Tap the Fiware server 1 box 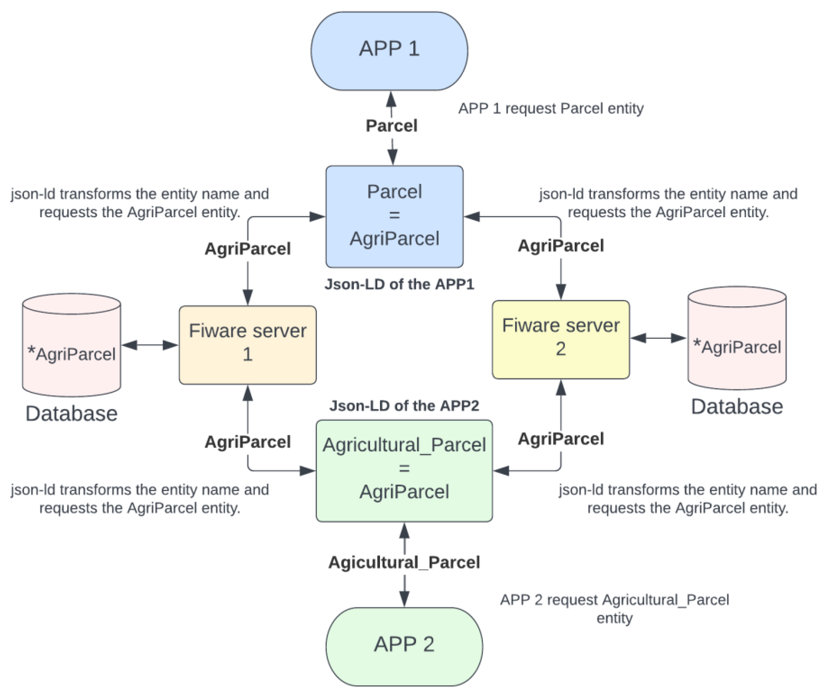click(x=247, y=345)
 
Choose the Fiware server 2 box click(x=560, y=340)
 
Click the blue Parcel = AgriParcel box click(x=394, y=216)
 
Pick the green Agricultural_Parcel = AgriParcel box click(x=404, y=470)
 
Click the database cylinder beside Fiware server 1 click(x=71, y=345)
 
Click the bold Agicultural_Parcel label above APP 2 click(x=404, y=562)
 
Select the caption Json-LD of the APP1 click(x=399, y=284)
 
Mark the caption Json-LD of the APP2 click(x=404, y=406)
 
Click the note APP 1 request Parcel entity click(x=551, y=108)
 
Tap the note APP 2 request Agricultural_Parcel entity click(x=614, y=608)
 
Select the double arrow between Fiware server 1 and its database click(x=150, y=345)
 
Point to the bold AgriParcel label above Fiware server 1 click(x=247, y=249)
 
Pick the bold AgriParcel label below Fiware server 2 click(x=560, y=439)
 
